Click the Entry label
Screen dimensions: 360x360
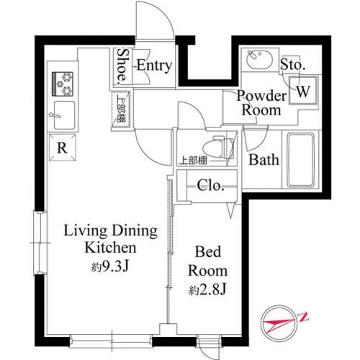click(x=155, y=66)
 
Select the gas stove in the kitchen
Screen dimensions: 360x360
click(x=63, y=84)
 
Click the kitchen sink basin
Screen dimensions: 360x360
click(x=64, y=115)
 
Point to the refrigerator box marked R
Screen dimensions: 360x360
click(x=63, y=148)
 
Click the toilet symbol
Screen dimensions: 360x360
click(x=218, y=148)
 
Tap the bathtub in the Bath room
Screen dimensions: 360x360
click(x=301, y=160)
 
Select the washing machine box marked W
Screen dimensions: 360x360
click(x=303, y=90)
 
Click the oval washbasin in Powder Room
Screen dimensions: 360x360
click(x=259, y=60)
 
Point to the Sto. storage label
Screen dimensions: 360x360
click(x=293, y=64)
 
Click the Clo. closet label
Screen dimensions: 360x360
click(x=211, y=186)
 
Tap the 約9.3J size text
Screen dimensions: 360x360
click(x=110, y=266)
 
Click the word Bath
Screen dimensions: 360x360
click(x=264, y=160)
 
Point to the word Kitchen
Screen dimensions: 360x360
click(x=110, y=248)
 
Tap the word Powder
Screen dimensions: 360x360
click(x=261, y=96)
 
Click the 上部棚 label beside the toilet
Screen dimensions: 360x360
click(x=194, y=161)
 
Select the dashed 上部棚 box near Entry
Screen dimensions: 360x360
click(x=121, y=109)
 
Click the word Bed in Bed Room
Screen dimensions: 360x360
click(x=208, y=251)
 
